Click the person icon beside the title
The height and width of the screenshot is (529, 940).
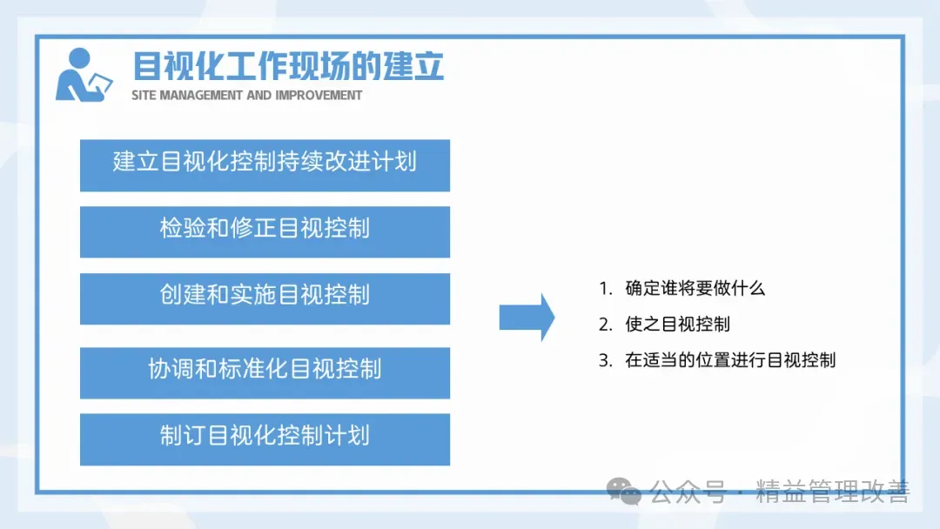click(x=83, y=76)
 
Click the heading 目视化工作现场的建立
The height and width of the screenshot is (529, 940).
click(x=288, y=66)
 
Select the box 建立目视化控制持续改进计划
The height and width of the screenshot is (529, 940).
click(x=265, y=165)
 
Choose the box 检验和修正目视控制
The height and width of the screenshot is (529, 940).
click(x=265, y=231)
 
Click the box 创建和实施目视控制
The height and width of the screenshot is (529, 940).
click(x=265, y=298)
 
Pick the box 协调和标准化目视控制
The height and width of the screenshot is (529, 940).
click(x=265, y=372)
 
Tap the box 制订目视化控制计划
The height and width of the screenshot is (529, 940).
click(x=265, y=439)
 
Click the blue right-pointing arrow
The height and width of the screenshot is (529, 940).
click(x=527, y=318)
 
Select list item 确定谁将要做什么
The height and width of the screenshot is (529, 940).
click(x=695, y=288)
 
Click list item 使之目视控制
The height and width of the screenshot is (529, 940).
click(x=677, y=325)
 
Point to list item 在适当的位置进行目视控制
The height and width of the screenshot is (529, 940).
click(x=730, y=360)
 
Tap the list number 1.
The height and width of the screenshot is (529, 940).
click(x=605, y=289)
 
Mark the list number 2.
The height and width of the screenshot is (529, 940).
click(x=605, y=325)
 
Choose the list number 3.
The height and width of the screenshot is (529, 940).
click(x=605, y=361)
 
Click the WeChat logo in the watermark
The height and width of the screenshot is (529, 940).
click(x=623, y=492)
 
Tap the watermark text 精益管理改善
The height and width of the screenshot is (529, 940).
click(x=833, y=492)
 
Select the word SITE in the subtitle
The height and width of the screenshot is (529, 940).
click(x=144, y=95)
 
